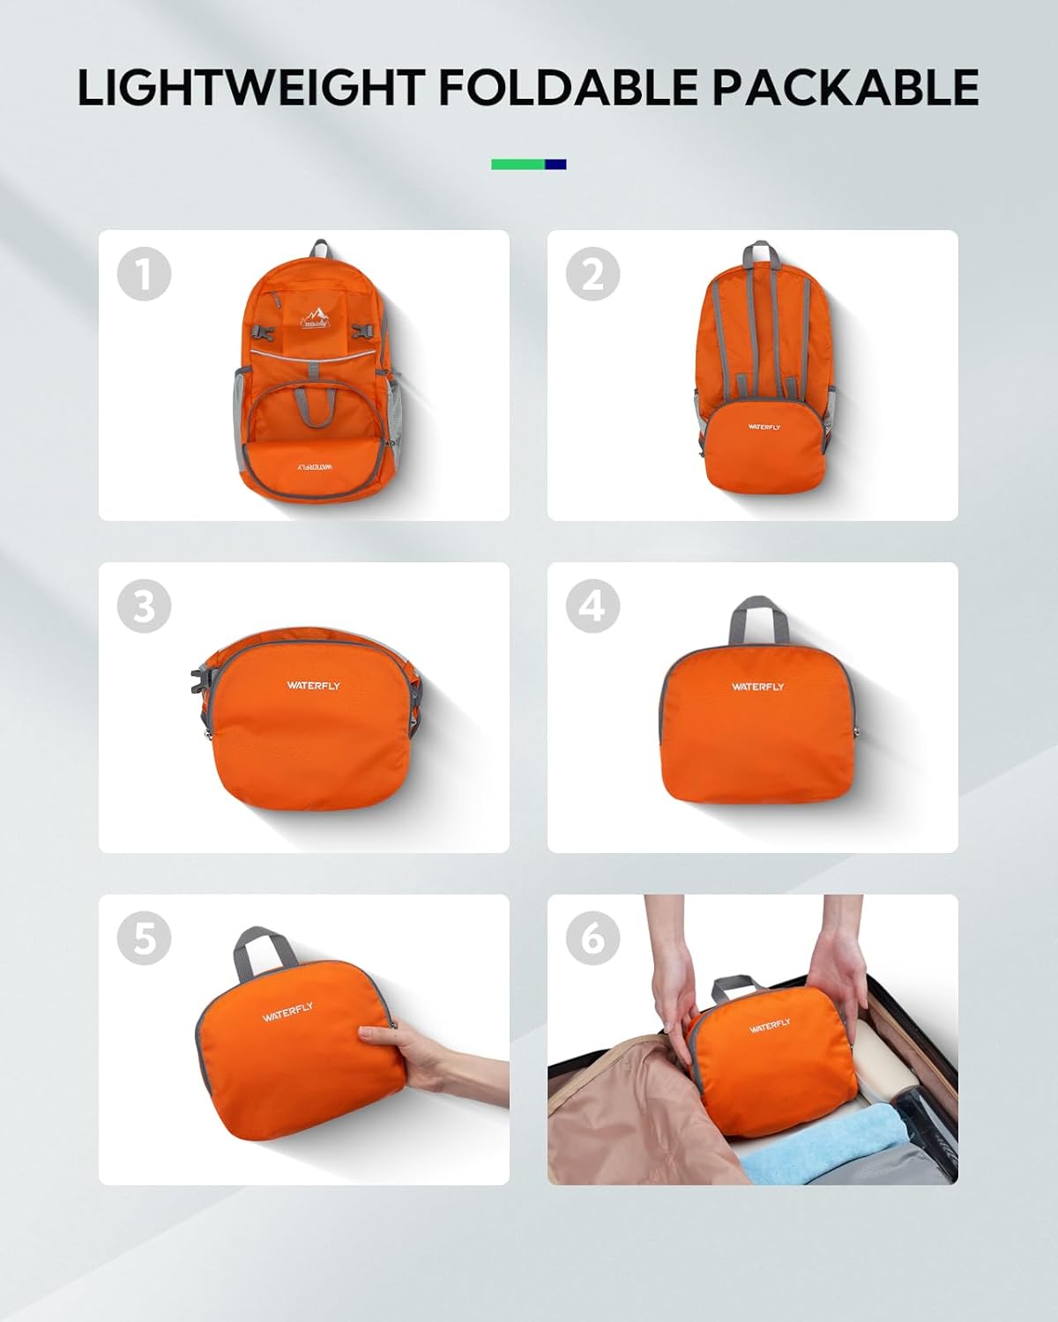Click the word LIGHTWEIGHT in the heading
point(250,87)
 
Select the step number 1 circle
point(144,274)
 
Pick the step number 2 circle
point(592,274)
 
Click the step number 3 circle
point(144,606)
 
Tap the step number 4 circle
point(592,606)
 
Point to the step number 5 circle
point(144,938)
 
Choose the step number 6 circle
point(592,938)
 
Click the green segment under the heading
point(518,164)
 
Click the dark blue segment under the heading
point(555,164)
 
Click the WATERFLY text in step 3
point(312,685)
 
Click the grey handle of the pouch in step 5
point(264,951)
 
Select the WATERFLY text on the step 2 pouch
point(764,427)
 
